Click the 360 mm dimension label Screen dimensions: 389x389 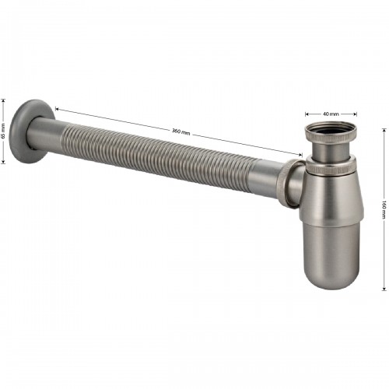point(180,131)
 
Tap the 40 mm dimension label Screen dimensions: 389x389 point(331,114)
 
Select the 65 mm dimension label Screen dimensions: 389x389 point(3,131)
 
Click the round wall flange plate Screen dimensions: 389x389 point(30,131)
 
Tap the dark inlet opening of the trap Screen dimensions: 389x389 point(331,130)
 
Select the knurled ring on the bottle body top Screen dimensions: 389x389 point(333,169)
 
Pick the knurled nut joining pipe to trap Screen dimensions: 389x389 point(291,183)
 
